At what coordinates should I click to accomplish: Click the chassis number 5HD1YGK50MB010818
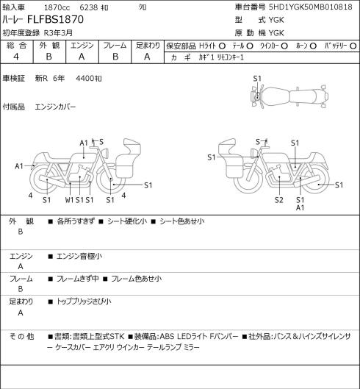[x=311, y=7]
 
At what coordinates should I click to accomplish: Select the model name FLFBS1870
[x=55, y=19]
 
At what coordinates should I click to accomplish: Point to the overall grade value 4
[x=16, y=57]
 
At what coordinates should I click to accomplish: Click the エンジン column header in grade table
[x=82, y=46]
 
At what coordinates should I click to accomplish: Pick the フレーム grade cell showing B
[x=115, y=57]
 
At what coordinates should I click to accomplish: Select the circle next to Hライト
[x=222, y=46]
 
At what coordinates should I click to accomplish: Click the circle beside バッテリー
[x=353, y=46]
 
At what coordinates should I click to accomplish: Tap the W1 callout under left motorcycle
[x=70, y=200]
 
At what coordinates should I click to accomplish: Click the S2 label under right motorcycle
[x=279, y=200]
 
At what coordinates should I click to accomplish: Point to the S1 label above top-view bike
[x=257, y=79]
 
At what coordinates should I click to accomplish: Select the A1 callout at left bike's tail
[x=19, y=166]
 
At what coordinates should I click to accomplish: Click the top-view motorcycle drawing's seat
[x=303, y=96]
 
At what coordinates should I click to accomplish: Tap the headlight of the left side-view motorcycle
[x=106, y=152]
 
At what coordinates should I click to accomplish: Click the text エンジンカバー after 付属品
[x=55, y=107]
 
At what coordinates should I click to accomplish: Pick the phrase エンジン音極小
[x=79, y=256]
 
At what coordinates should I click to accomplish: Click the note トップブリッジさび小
[x=84, y=301]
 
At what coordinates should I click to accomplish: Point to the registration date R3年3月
[x=58, y=33]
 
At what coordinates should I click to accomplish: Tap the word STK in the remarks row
[x=117, y=336]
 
